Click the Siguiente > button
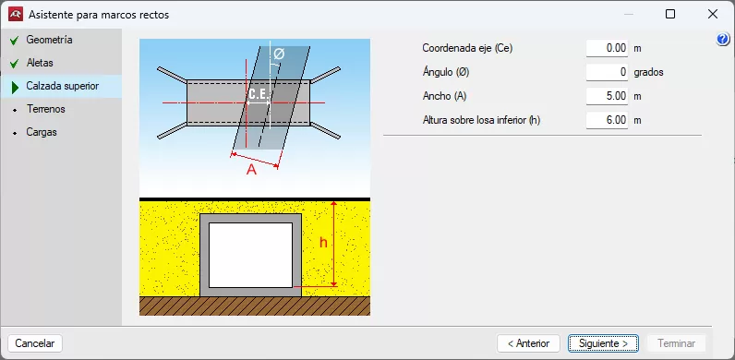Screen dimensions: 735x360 pyautogui.click(x=603, y=343)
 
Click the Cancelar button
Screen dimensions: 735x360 pyautogui.click(x=35, y=343)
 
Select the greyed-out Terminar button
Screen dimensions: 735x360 pyautogui.click(x=677, y=343)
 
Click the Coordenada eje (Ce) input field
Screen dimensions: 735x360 pyautogui.click(x=607, y=48)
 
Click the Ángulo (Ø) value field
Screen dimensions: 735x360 pyautogui.click(x=607, y=72)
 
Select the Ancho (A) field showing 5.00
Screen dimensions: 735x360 pyautogui.click(x=607, y=96)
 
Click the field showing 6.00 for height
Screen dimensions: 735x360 pyautogui.click(x=607, y=120)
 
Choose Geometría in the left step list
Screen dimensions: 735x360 pyautogui.click(x=49, y=40)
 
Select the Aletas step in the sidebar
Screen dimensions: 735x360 pyautogui.click(x=40, y=63)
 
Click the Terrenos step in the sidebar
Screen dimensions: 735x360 pyautogui.click(x=46, y=109)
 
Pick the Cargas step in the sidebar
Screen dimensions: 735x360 pyautogui.click(x=42, y=132)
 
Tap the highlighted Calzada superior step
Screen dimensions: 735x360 pyautogui.click(x=63, y=86)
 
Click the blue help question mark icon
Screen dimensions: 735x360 pyautogui.click(x=723, y=40)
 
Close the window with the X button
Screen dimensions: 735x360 pyautogui.click(x=713, y=15)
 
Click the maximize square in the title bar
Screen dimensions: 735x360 pyautogui.click(x=670, y=15)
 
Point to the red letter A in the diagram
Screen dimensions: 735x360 pyautogui.click(x=252, y=170)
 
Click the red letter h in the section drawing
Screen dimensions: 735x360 pyautogui.click(x=323, y=243)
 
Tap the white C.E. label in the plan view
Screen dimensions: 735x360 pyautogui.click(x=259, y=95)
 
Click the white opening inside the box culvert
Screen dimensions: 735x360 pyautogui.click(x=251, y=255)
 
